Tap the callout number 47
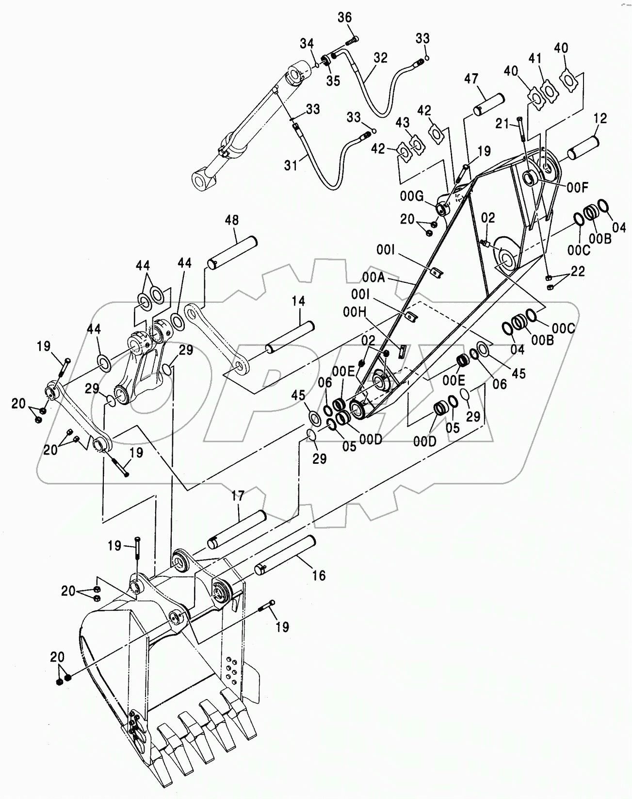(x=471, y=79)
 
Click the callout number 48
(x=232, y=220)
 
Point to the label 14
(x=298, y=302)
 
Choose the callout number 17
(x=238, y=495)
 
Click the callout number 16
(x=319, y=576)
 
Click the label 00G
(x=411, y=196)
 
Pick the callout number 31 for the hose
(x=291, y=166)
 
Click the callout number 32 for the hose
(x=381, y=58)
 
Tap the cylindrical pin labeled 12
(x=584, y=148)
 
